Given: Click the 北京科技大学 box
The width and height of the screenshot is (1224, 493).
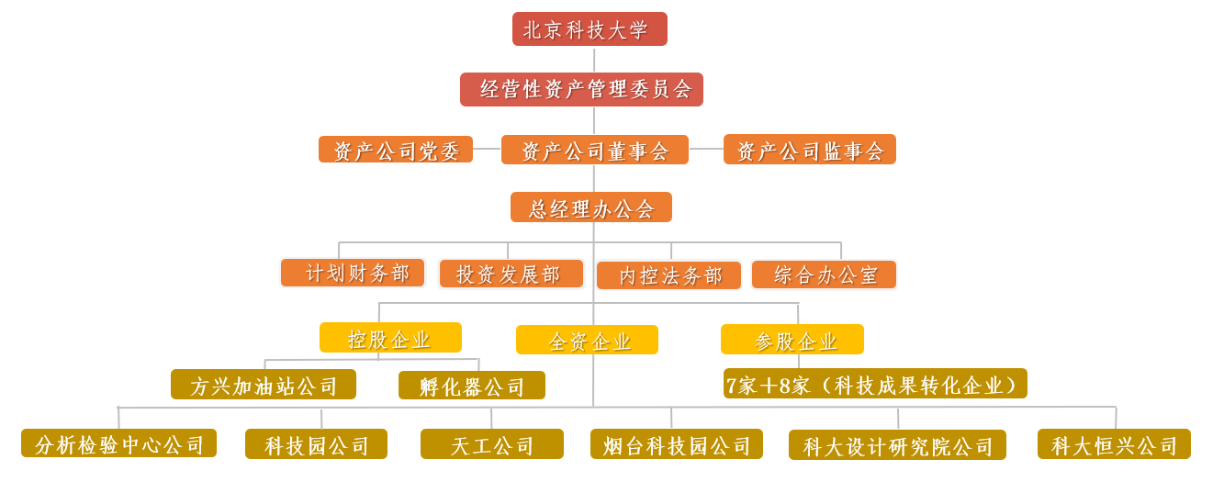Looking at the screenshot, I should click(x=590, y=29).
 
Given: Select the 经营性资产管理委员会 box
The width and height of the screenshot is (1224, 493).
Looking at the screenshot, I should click(x=581, y=89).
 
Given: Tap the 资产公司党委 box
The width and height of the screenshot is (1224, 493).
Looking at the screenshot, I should click(x=396, y=150).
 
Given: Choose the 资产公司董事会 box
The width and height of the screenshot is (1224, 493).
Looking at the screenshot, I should click(x=594, y=150).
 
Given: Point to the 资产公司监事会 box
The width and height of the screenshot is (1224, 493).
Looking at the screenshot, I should click(x=809, y=150).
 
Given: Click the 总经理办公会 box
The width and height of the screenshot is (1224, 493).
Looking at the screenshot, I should click(x=590, y=207).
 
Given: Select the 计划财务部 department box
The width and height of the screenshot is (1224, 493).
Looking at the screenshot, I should click(x=353, y=273).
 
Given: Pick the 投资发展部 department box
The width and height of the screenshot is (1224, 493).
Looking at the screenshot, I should click(x=511, y=274).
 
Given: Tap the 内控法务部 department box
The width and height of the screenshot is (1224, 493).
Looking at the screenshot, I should click(x=668, y=275).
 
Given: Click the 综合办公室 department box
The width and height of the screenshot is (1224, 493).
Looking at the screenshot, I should click(x=824, y=275).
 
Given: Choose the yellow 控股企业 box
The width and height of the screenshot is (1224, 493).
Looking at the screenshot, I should click(x=390, y=338).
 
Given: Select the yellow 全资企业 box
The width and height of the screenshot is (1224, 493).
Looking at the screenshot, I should click(x=587, y=340).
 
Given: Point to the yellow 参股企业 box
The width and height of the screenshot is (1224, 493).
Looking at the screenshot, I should click(x=792, y=340).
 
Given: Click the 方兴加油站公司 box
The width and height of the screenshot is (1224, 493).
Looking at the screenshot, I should click(x=264, y=385).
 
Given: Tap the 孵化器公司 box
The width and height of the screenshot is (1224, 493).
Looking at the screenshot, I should click(x=472, y=386).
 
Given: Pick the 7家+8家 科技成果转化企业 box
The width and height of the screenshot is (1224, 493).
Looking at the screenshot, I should click(x=875, y=384).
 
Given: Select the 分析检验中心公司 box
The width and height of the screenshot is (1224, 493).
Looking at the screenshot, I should click(x=118, y=443).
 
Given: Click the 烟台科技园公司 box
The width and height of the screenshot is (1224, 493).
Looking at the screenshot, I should click(x=676, y=444).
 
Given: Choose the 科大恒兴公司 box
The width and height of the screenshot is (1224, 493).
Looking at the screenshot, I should click(x=1114, y=444).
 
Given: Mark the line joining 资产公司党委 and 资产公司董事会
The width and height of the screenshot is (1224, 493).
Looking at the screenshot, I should click(x=487, y=149).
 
